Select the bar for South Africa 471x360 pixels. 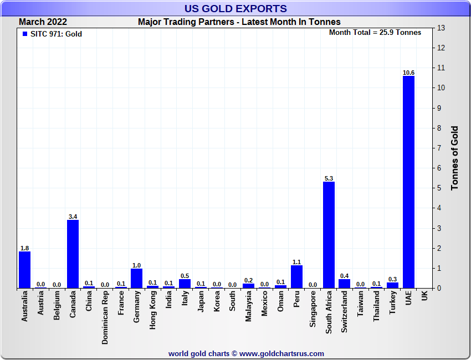[x=329, y=235]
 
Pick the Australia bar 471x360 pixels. [x=24, y=270]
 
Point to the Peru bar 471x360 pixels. [x=296, y=276]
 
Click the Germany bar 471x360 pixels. [x=136, y=278]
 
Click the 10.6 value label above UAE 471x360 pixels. [x=408, y=73]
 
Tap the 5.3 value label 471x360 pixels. [x=329, y=178]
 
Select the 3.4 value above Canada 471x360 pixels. [x=73, y=217]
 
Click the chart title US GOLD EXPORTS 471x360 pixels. [x=236, y=8]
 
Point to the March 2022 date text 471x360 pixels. [x=43, y=22]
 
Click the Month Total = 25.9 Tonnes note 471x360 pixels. [x=375, y=33]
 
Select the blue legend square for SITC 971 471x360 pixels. [x=24, y=34]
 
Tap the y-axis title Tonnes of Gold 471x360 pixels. [x=454, y=158]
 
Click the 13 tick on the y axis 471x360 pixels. [x=442, y=28]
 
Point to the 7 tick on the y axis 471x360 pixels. [x=442, y=148]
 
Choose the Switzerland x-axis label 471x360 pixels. [x=345, y=313]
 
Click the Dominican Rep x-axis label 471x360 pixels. [x=105, y=318]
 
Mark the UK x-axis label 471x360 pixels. [x=424, y=296]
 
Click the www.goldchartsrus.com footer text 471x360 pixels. [x=281, y=353]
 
